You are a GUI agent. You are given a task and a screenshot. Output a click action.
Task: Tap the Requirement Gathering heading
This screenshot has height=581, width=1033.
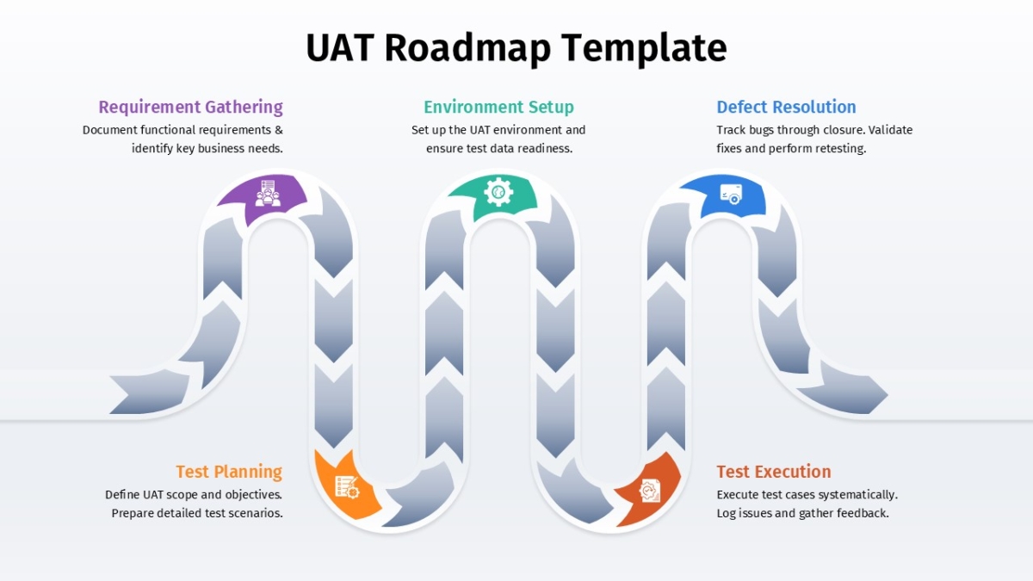(x=190, y=107)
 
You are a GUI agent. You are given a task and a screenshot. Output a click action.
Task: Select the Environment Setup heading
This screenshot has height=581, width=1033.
(x=498, y=107)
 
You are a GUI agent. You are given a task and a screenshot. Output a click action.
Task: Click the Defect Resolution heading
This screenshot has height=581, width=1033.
(x=786, y=107)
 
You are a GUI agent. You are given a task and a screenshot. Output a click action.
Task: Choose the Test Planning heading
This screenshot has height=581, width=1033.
(x=229, y=472)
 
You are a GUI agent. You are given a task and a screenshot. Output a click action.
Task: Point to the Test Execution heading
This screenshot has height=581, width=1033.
(x=774, y=472)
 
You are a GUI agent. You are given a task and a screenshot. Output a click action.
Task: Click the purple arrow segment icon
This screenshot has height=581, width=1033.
(x=267, y=193)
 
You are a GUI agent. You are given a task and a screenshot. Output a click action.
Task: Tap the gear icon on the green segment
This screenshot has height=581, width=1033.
(x=498, y=191)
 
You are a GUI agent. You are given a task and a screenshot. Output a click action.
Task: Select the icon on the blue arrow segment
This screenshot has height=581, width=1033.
(x=731, y=194)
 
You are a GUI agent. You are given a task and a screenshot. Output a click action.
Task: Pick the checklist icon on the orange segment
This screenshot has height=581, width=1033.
(x=347, y=487)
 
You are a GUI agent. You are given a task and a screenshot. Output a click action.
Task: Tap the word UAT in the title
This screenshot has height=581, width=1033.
(x=339, y=48)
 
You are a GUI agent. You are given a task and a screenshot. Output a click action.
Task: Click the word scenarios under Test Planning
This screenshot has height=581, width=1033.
(x=254, y=513)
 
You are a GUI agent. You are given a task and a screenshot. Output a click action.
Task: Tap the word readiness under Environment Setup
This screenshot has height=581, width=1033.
(x=545, y=148)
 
